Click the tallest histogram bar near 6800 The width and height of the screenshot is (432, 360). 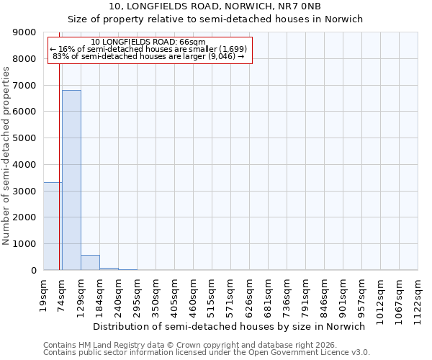click(71, 180)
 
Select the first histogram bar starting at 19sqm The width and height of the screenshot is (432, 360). click(52, 226)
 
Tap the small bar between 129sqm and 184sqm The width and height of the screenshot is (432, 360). click(90, 263)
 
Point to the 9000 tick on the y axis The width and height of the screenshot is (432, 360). click(25, 32)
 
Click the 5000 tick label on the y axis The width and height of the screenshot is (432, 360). click(25, 138)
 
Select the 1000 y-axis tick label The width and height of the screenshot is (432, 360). click(25, 244)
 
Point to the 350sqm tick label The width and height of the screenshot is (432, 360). click(156, 294)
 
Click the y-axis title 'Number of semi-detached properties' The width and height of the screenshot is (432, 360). click(7, 156)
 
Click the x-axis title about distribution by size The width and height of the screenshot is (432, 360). click(230, 326)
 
